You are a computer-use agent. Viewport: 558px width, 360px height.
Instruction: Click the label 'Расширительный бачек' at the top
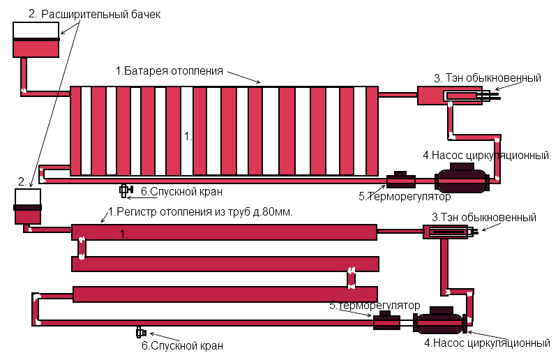click(x=100, y=14)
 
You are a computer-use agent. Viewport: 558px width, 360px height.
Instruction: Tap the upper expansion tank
click(x=36, y=40)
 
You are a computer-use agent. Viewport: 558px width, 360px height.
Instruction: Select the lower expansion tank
click(x=28, y=207)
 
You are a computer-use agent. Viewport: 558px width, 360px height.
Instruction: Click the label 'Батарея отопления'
click(x=174, y=70)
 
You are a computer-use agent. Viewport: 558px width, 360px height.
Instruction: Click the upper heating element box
click(x=450, y=96)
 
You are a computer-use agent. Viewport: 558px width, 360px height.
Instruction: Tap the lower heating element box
click(x=445, y=232)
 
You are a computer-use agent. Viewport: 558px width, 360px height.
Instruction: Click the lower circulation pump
click(x=440, y=320)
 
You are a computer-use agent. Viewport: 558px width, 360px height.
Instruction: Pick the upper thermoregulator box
click(x=400, y=180)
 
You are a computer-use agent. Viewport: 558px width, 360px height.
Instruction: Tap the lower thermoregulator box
click(x=386, y=320)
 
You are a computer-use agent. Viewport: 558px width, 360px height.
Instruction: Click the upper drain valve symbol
click(x=126, y=190)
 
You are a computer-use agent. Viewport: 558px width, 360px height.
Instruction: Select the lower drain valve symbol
click(x=141, y=333)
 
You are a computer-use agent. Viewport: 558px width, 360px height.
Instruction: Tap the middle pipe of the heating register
click(x=225, y=264)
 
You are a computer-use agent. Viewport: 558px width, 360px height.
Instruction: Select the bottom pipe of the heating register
click(x=225, y=294)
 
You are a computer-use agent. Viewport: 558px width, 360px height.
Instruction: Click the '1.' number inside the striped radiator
click(x=188, y=136)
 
